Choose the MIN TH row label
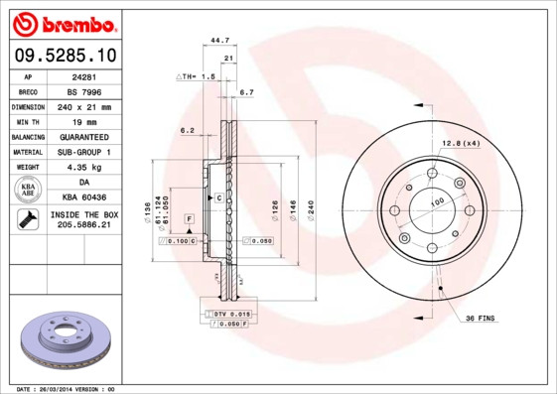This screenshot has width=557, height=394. click(29, 121)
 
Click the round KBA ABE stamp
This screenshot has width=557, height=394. click(29, 191)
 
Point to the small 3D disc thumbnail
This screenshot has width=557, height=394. click(63, 339)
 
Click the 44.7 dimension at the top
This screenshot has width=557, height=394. click(220, 40)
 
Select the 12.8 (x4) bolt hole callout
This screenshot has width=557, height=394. click(461, 144)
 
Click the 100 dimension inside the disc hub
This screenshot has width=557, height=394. click(436, 202)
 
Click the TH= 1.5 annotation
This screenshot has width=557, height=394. click(197, 76)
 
